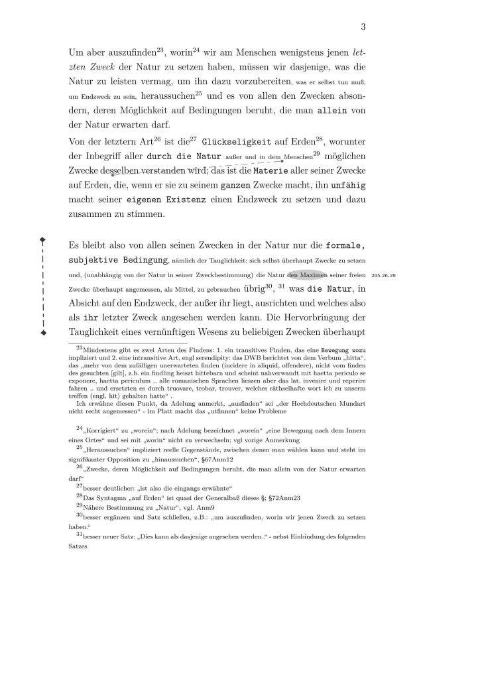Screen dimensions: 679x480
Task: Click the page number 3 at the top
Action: [363, 27]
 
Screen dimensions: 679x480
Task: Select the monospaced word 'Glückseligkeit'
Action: [235, 142]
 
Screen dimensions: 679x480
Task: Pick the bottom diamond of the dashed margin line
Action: [43, 332]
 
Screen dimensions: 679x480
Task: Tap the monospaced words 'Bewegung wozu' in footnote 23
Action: [345, 348]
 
